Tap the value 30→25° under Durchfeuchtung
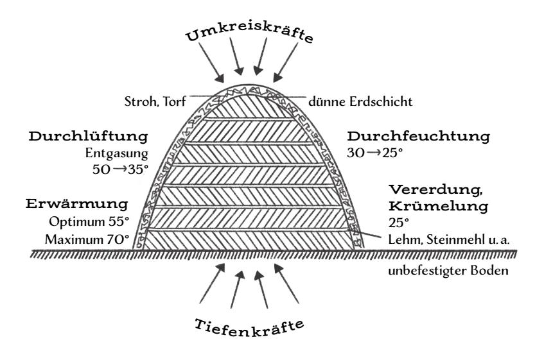[x=375, y=153]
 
